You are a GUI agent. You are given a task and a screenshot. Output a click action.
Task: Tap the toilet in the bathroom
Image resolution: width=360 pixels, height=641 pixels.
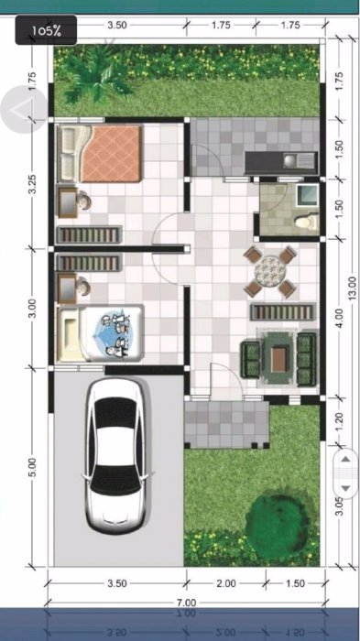(x=307, y=222)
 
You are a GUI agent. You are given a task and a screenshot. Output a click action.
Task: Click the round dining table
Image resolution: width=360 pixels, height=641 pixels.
(x=269, y=270)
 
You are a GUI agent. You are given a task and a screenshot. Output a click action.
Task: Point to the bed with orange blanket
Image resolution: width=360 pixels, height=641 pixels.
(x=101, y=153)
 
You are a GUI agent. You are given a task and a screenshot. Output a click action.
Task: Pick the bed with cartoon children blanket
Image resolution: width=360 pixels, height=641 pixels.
(x=101, y=332)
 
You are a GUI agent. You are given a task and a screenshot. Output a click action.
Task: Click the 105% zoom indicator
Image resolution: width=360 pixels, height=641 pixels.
(x=46, y=30)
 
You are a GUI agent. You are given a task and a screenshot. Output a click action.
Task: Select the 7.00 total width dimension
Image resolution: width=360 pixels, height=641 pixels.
(x=187, y=603)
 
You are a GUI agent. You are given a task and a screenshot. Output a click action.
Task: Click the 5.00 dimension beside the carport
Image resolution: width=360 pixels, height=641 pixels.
(x=33, y=467)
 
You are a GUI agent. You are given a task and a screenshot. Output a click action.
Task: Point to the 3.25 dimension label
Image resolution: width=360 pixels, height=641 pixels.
(x=33, y=185)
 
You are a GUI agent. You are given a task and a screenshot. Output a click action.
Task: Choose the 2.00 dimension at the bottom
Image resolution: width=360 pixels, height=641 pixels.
(x=226, y=583)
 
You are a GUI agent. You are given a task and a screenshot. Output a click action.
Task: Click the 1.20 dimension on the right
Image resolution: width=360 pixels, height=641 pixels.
(x=340, y=421)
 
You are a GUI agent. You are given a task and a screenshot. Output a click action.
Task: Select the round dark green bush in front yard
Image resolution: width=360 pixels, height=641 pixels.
(x=278, y=520)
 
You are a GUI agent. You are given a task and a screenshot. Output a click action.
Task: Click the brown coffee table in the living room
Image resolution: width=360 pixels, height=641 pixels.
(x=278, y=359)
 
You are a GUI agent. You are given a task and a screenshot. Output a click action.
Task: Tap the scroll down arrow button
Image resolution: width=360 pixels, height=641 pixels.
(x=345, y=488)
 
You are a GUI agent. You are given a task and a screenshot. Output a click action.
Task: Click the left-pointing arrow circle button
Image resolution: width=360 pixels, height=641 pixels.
(x=23, y=109)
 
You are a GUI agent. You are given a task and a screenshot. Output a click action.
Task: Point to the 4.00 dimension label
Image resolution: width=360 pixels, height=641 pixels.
(x=340, y=319)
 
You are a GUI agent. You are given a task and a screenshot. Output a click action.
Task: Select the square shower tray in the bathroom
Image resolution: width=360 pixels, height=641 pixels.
(x=307, y=195)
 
